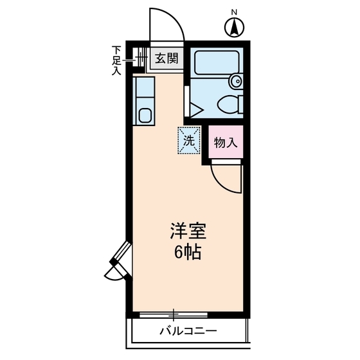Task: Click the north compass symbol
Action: (x=235, y=27)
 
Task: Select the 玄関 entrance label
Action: (x=166, y=59)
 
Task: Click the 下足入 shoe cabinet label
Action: (x=116, y=60)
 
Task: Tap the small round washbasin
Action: (x=235, y=82)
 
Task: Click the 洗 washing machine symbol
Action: (x=189, y=139)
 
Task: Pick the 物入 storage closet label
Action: (x=225, y=142)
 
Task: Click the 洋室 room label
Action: (x=188, y=230)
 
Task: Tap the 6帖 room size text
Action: (x=188, y=251)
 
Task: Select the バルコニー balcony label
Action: (x=188, y=332)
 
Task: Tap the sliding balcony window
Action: (x=174, y=315)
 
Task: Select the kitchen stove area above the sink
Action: (x=144, y=88)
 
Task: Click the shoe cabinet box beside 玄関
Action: (x=141, y=60)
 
